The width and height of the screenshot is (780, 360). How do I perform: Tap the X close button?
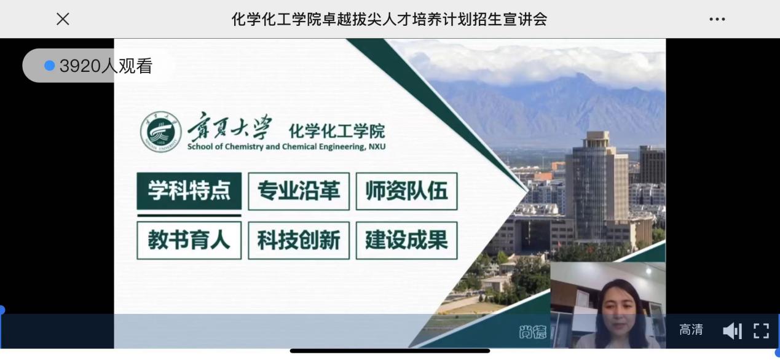tap(63, 19)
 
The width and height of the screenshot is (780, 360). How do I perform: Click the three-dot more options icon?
tap(717, 20)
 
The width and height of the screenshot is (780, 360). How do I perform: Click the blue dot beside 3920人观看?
tap(50, 66)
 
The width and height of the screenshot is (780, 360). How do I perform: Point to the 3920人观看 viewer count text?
tap(106, 66)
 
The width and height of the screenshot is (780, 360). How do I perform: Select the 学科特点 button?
tap(189, 191)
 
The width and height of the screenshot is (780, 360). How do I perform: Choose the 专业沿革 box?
tap(299, 191)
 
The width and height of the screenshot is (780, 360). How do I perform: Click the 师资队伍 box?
tap(406, 191)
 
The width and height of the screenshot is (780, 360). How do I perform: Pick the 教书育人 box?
tap(189, 240)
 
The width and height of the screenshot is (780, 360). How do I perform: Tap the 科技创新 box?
tap(299, 240)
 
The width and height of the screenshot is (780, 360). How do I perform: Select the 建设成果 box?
tap(406, 240)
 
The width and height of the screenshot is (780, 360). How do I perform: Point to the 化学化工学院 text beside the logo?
tap(337, 131)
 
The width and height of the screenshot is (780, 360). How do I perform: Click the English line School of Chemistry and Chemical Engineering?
tap(286, 147)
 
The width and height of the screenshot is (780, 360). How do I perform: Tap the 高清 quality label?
tap(691, 330)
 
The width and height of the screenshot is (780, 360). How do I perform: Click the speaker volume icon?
tap(732, 331)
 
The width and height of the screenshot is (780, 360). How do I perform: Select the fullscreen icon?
tap(761, 331)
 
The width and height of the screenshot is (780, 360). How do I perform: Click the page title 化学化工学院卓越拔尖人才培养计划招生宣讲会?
tap(389, 19)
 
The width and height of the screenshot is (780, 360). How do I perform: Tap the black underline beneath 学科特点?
tap(189, 216)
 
